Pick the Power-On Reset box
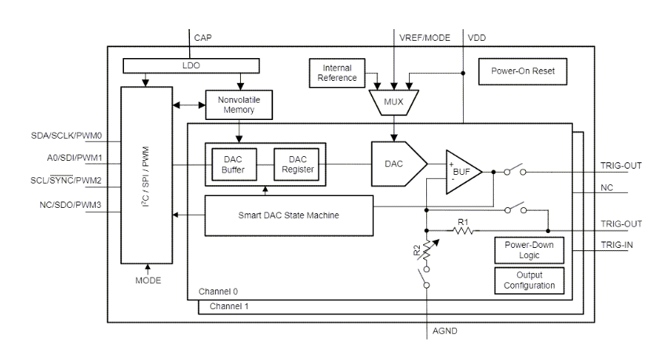coord(523,71)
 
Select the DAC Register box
coord(296,164)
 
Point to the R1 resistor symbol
coord(463,231)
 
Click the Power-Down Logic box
coord(529,250)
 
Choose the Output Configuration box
coord(529,280)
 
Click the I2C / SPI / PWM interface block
coord(144,176)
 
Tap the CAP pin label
coord(202,37)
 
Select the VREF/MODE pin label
coord(425,37)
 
